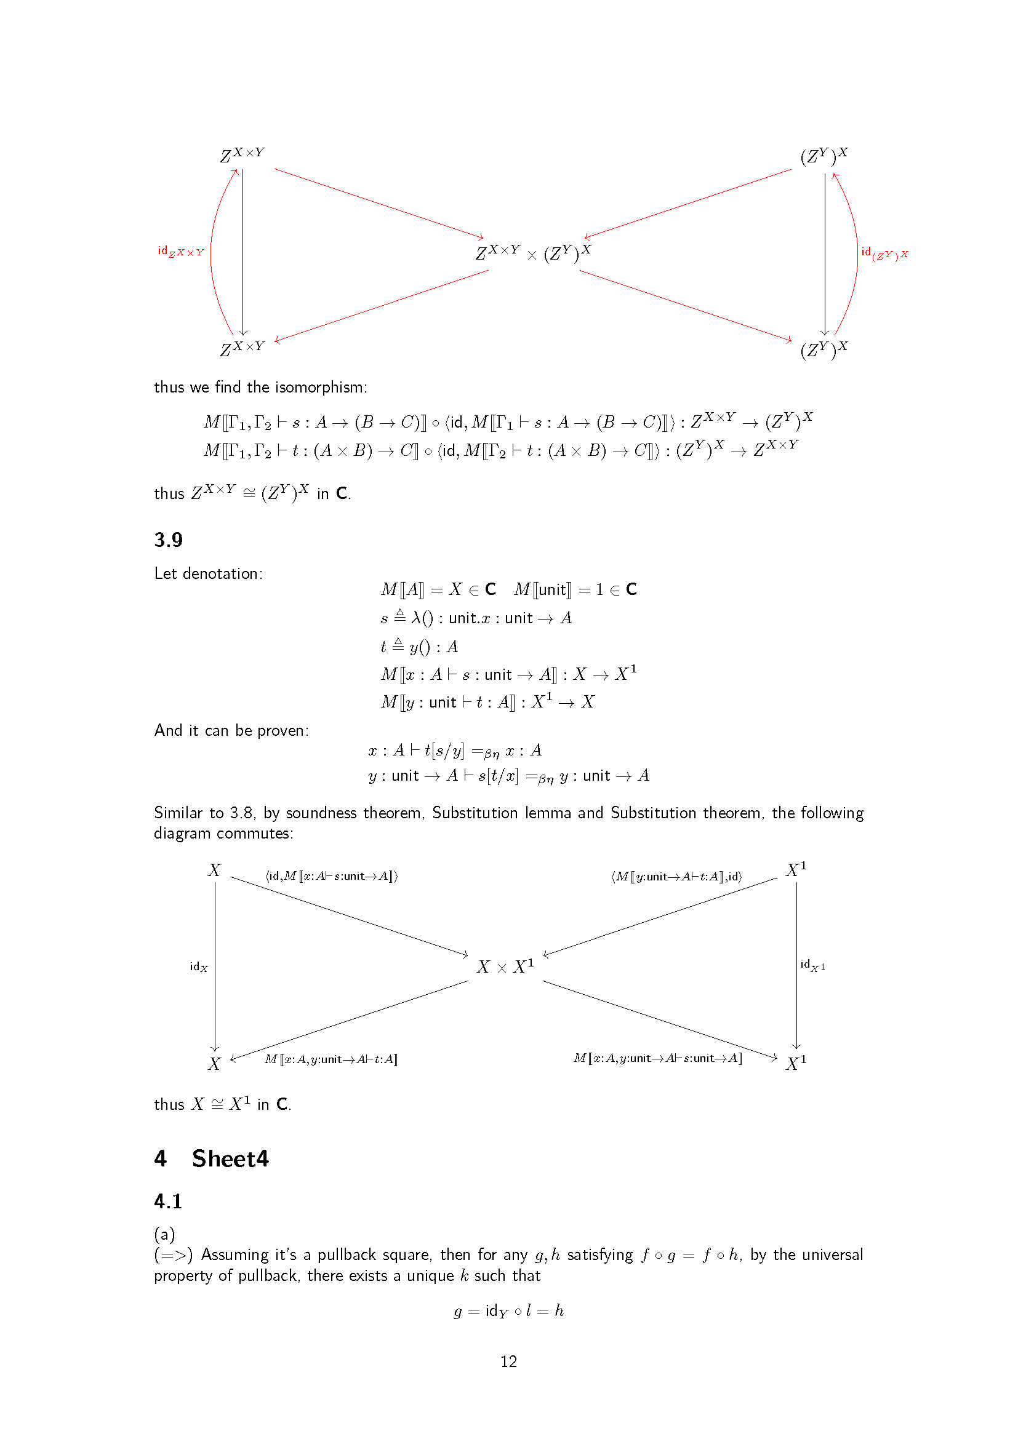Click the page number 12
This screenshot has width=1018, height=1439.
[x=508, y=1361]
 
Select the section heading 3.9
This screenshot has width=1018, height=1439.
[x=168, y=540]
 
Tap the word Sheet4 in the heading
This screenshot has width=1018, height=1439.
[x=230, y=1158]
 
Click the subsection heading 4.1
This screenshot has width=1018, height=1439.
[x=168, y=1201]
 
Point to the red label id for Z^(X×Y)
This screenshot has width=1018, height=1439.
[x=180, y=252]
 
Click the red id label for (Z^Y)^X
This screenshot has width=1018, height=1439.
[x=884, y=253]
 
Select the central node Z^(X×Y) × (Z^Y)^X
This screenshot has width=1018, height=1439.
[x=533, y=253]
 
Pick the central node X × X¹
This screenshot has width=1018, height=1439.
[x=505, y=967]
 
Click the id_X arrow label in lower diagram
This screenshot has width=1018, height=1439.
[x=199, y=967]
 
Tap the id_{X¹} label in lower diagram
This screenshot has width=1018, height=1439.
[x=812, y=965]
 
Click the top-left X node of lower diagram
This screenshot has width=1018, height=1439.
[x=214, y=870]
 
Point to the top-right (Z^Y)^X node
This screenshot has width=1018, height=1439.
[x=824, y=156]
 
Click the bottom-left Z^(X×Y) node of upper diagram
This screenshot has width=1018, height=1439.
[x=242, y=348]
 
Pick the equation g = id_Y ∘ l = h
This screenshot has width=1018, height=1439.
[x=508, y=1310]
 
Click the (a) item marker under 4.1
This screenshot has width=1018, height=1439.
[x=164, y=1234]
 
